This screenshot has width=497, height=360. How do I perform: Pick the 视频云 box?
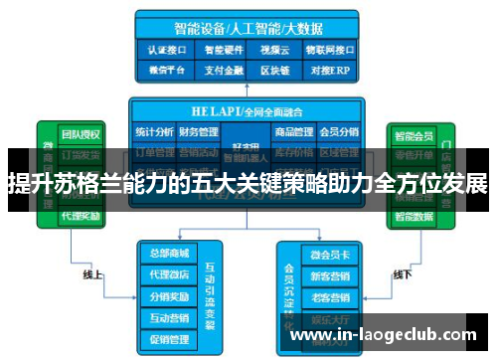point(273,48)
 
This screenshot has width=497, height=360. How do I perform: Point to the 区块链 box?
point(273,70)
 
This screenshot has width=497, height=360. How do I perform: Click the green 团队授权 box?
point(80,134)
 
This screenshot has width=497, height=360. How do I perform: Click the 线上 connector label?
point(92,273)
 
